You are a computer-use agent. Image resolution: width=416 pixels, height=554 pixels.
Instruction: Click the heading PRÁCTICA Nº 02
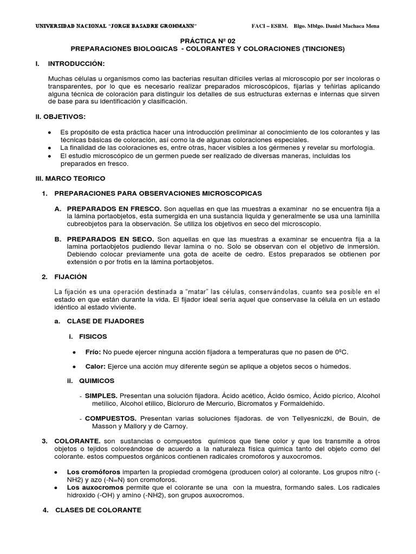207,41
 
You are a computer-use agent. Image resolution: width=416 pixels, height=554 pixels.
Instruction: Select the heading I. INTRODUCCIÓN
76,64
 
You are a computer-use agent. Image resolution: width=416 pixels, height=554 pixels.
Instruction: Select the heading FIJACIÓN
71,277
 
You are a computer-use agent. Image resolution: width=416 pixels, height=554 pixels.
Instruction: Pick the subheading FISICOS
93,337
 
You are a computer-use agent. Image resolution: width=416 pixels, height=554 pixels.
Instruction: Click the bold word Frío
93,352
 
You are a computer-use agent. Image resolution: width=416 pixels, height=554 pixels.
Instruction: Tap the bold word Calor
95,366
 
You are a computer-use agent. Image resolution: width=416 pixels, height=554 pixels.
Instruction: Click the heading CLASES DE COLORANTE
99,510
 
